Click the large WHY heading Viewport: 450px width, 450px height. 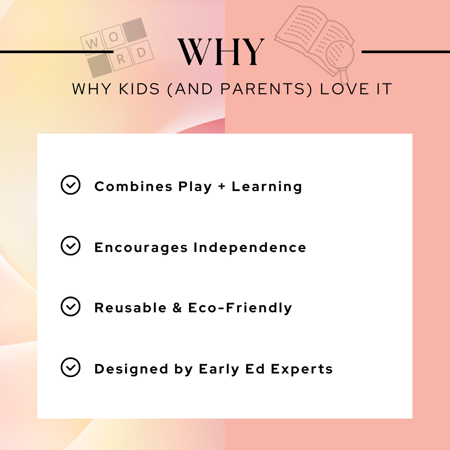pos(221,52)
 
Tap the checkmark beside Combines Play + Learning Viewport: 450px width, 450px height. pos(70,185)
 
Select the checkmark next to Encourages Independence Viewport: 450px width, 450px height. pos(70,246)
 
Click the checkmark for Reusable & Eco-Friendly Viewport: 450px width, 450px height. pos(70,306)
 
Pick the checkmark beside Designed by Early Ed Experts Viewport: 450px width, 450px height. pos(70,367)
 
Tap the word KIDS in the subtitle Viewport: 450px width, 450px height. pos(139,89)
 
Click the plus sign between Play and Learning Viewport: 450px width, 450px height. pos(222,187)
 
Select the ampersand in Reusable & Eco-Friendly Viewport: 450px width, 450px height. pos(177,308)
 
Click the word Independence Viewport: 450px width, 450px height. pos(250,247)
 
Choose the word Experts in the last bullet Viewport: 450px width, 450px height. pos(302,369)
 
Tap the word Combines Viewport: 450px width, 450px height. pos(133,187)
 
